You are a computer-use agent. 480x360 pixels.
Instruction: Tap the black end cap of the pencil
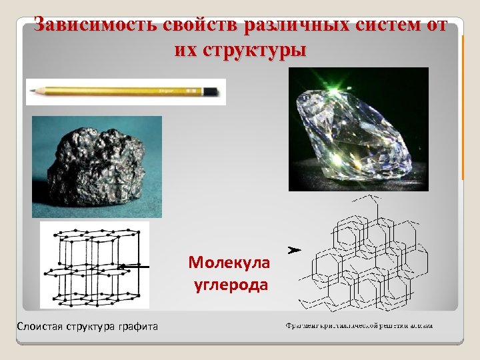tap(211, 90)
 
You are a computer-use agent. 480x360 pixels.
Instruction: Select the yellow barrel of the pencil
tap(120, 90)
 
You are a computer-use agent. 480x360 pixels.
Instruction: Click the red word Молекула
tap(229, 263)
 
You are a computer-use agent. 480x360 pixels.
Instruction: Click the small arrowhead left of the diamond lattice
tap(293, 250)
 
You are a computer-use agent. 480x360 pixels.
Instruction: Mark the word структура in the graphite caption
tap(89, 326)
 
